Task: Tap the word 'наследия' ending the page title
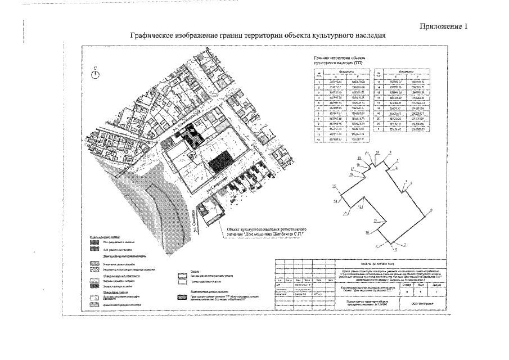370,35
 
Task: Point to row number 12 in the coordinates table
319,138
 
